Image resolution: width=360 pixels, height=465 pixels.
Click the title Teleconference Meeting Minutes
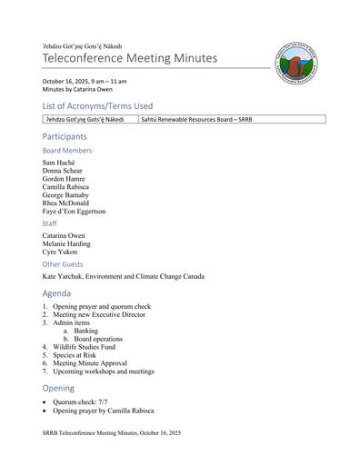click(130, 58)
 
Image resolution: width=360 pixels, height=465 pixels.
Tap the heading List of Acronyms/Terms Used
click(97, 106)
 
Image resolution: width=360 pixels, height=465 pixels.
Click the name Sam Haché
click(60, 163)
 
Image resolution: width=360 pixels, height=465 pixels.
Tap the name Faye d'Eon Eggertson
click(74, 211)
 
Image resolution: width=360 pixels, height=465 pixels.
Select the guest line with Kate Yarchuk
click(123, 276)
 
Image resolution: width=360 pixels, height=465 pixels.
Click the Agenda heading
click(58, 294)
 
